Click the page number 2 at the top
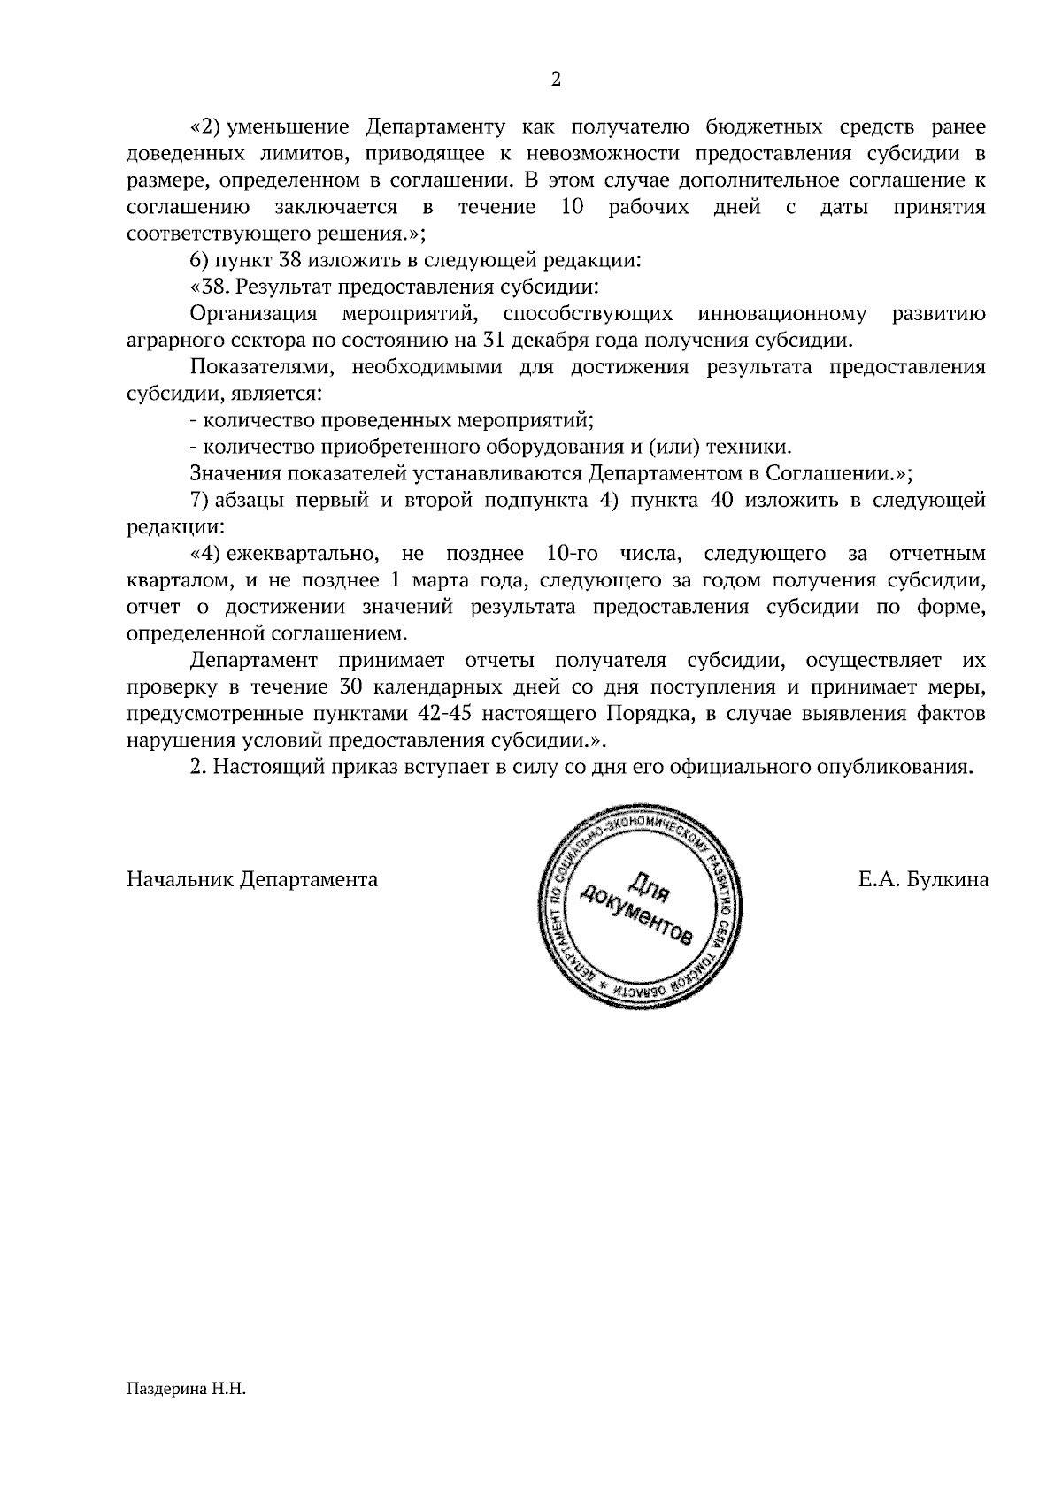click(556, 80)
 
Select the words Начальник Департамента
click(252, 880)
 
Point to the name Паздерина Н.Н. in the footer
click(184, 1390)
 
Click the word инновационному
click(781, 314)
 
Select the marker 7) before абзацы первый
click(199, 501)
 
